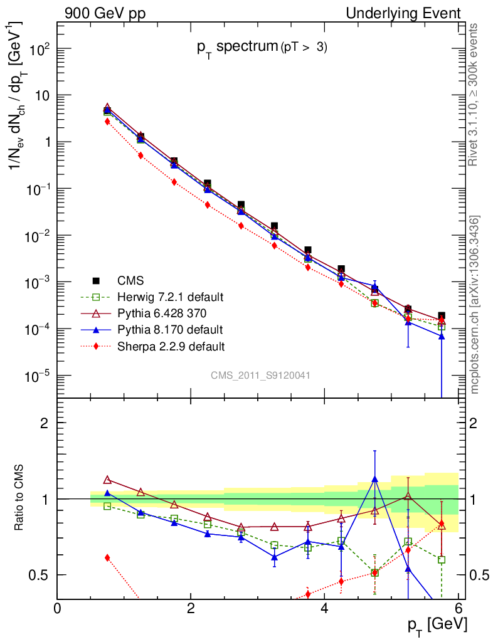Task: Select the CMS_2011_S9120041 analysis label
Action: tap(260, 375)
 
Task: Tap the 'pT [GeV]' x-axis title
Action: tap(435, 623)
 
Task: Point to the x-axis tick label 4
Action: tap(324, 608)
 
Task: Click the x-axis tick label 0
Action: tap(58, 608)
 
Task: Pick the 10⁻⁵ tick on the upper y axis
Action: tap(39, 376)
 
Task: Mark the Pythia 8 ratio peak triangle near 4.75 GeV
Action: tap(374, 479)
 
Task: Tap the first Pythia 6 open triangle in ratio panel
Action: tap(107, 480)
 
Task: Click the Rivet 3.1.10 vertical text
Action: tap(474, 94)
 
